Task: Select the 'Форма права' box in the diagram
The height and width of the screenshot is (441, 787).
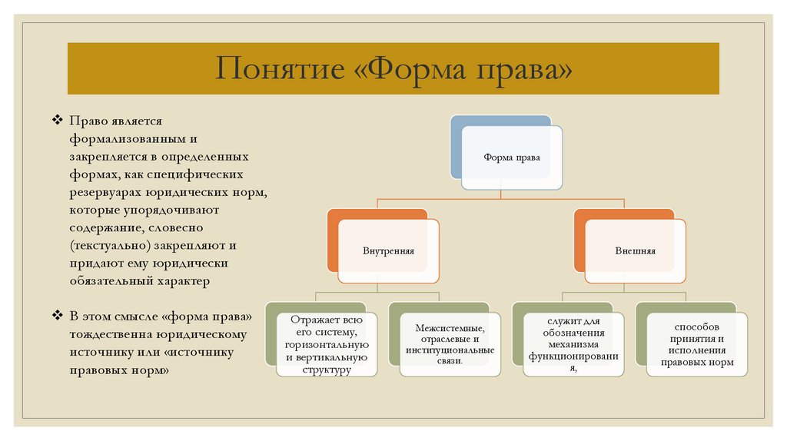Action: coord(511,157)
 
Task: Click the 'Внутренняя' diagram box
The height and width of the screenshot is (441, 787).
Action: coord(388,250)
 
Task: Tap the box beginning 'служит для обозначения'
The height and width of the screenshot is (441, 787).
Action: coord(573,344)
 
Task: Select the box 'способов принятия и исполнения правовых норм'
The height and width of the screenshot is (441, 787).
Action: coord(696,344)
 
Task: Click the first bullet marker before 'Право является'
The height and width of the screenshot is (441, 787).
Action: coord(58,121)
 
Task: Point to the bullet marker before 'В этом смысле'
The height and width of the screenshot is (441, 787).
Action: coord(58,317)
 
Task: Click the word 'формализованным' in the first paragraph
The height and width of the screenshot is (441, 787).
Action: coord(123,139)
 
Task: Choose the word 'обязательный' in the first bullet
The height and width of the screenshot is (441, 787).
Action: coord(105,281)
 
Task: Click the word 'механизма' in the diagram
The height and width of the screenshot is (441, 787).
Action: coord(573,344)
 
